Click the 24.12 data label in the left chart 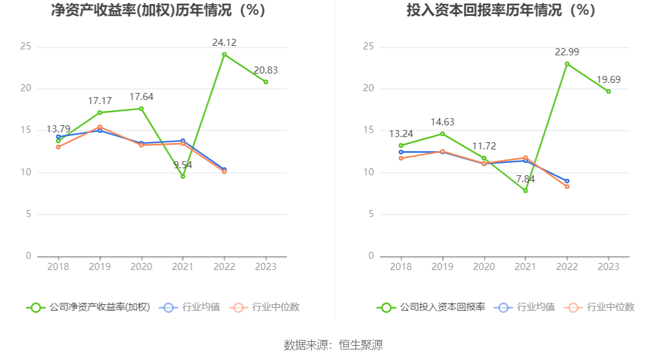point(224,42)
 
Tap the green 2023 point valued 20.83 point(266,82)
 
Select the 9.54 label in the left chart point(183,165)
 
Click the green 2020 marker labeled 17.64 point(141,108)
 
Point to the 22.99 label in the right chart point(567,52)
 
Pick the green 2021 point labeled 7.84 point(525,191)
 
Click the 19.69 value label point(608,79)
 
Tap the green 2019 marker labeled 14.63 point(442,134)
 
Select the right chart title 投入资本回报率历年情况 point(501,10)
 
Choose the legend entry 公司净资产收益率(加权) point(88,307)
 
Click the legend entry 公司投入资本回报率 point(431,307)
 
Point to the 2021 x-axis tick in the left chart point(183,266)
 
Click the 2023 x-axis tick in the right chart point(608,266)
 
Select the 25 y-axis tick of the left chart point(25,46)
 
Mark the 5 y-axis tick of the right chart point(371,214)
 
